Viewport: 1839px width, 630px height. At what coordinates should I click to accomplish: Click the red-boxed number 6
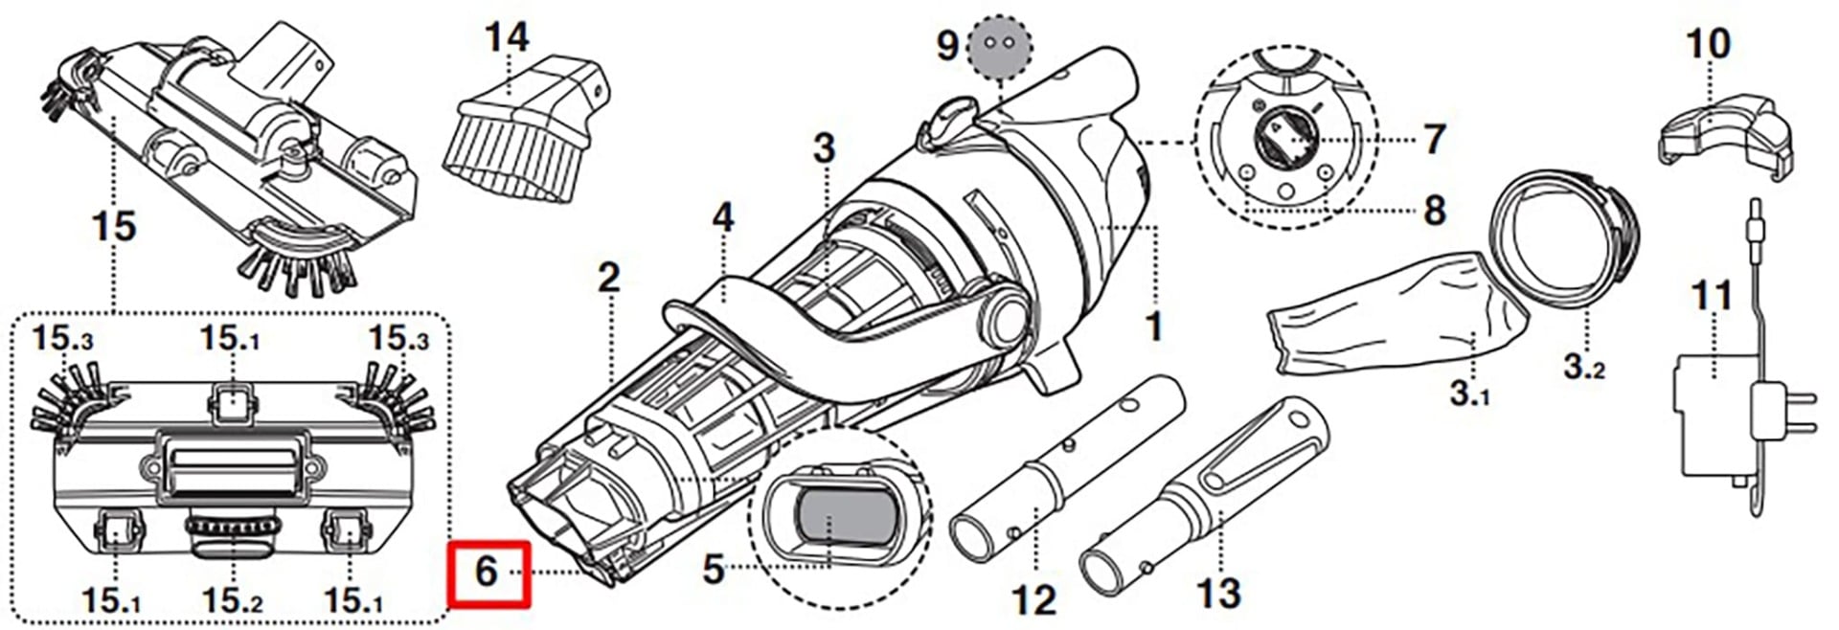point(486,572)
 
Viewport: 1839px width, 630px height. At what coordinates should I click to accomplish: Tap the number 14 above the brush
point(506,38)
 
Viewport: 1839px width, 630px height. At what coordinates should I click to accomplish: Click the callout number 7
point(1434,140)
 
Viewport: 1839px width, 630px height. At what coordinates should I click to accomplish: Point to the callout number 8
point(1434,211)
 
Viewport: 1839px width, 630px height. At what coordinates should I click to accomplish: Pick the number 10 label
point(1707,44)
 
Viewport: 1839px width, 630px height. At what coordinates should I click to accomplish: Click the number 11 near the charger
point(1711,296)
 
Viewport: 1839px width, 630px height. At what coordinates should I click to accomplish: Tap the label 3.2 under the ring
point(1584,366)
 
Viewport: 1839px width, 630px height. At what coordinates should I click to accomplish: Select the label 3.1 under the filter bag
point(1469,393)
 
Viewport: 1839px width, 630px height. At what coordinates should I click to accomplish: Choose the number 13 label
point(1218,594)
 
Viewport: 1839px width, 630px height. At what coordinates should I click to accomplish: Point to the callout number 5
point(714,569)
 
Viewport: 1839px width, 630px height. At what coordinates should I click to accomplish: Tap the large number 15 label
point(113,227)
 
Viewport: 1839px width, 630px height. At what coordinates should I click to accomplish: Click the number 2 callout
point(609,279)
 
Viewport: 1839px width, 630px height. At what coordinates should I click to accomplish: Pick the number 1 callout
point(1154,326)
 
